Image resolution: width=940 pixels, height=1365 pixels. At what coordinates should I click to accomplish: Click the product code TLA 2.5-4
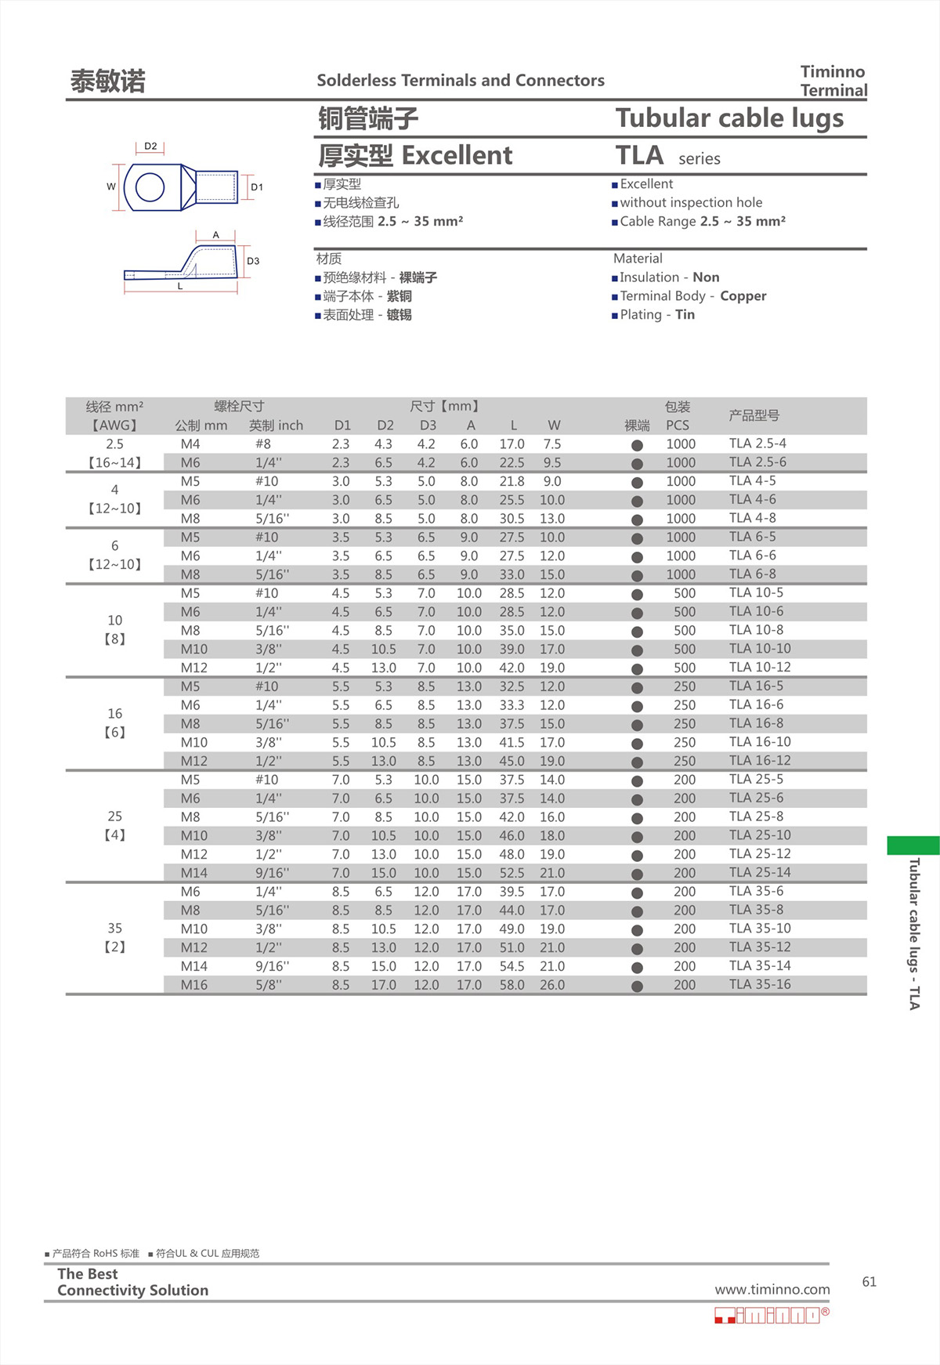[757, 444]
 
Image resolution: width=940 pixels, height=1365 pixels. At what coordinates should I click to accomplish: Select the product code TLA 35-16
[759, 984]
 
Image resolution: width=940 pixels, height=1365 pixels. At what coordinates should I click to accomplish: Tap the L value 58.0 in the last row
[512, 985]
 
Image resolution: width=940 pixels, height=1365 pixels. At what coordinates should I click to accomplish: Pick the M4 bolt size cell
[190, 444]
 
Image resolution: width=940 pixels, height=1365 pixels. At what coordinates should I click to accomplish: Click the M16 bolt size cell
[193, 985]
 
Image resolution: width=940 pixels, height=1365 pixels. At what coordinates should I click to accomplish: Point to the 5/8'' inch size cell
[268, 985]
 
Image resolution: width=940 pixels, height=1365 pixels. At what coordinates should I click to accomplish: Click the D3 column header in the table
[428, 425]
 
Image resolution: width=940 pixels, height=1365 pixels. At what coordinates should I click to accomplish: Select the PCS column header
[678, 425]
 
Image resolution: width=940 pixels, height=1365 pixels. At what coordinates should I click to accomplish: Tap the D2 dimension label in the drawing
[150, 147]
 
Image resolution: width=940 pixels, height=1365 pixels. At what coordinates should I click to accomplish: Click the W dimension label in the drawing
[111, 186]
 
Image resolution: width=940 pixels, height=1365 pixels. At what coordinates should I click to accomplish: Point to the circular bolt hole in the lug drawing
[150, 187]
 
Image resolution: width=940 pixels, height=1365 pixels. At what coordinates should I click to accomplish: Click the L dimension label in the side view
[180, 286]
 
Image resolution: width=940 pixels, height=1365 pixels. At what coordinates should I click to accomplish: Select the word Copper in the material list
[743, 296]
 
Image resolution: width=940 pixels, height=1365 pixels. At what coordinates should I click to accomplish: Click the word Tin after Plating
[685, 315]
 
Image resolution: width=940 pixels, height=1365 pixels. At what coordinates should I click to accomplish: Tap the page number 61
[869, 1282]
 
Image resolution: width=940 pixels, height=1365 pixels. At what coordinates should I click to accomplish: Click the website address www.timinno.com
[772, 1290]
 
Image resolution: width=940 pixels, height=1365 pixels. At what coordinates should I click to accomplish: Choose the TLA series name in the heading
[639, 156]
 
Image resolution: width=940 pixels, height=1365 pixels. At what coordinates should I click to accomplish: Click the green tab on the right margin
[913, 845]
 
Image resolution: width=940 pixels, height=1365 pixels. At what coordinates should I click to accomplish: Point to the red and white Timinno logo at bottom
[771, 1315]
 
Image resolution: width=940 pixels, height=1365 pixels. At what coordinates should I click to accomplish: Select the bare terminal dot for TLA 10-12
[637, 669]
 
